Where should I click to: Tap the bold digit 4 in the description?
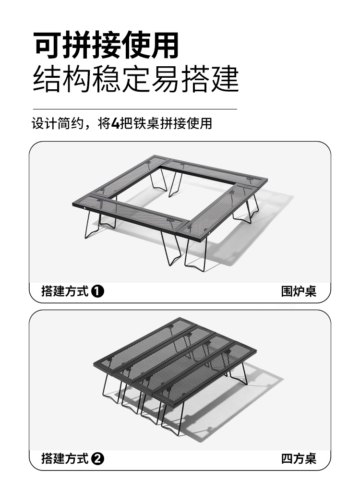coord(115,124)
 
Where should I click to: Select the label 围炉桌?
coord(299,291)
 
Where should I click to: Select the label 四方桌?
coord(299,458)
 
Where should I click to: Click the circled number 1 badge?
coord(98,291)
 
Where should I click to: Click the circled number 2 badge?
coord(98,459)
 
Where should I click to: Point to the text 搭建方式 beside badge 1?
coord(65,291)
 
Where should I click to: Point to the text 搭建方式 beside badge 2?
coord(65,459)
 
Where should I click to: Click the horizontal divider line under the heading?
coord(134,109)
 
